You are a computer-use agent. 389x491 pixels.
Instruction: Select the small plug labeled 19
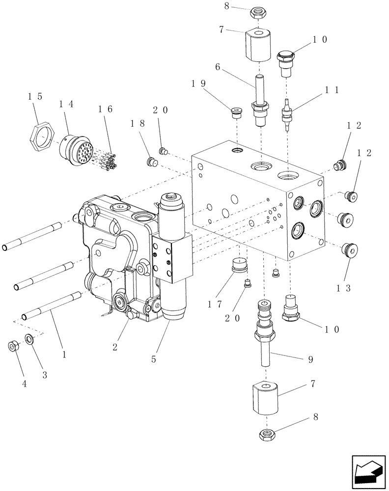(x=237, y=113)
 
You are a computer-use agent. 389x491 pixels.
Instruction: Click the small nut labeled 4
(x=13, y=347)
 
